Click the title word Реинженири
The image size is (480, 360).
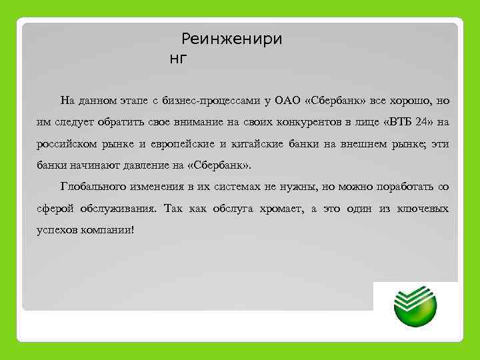click(x=231, y=39)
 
